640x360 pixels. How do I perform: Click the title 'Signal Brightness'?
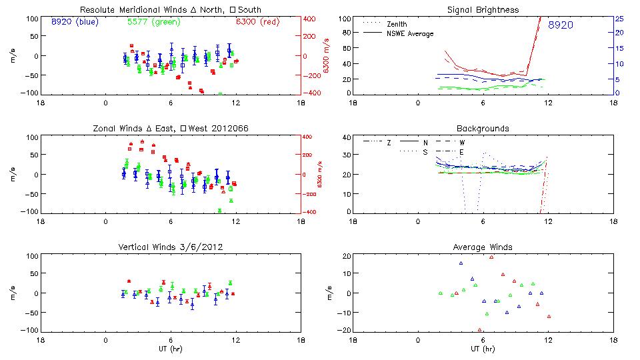click(484, 10)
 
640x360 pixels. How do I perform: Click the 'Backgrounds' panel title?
click(483, 128)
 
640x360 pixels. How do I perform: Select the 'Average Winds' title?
click(483, 247)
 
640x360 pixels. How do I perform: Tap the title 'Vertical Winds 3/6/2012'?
click(171, 247)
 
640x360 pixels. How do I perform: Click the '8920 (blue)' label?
click(74, 21)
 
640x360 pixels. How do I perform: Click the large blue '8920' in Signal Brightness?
click(561, 25)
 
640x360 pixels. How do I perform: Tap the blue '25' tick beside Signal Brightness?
click(619, 19)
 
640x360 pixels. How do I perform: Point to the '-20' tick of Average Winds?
click(343, 331)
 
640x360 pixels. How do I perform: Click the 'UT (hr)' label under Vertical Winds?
click(170, 349)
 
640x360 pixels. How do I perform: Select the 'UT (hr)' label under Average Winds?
click(483, 349)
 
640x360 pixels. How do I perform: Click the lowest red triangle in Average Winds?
click(480, 329)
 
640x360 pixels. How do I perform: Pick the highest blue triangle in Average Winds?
click(461, 263)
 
